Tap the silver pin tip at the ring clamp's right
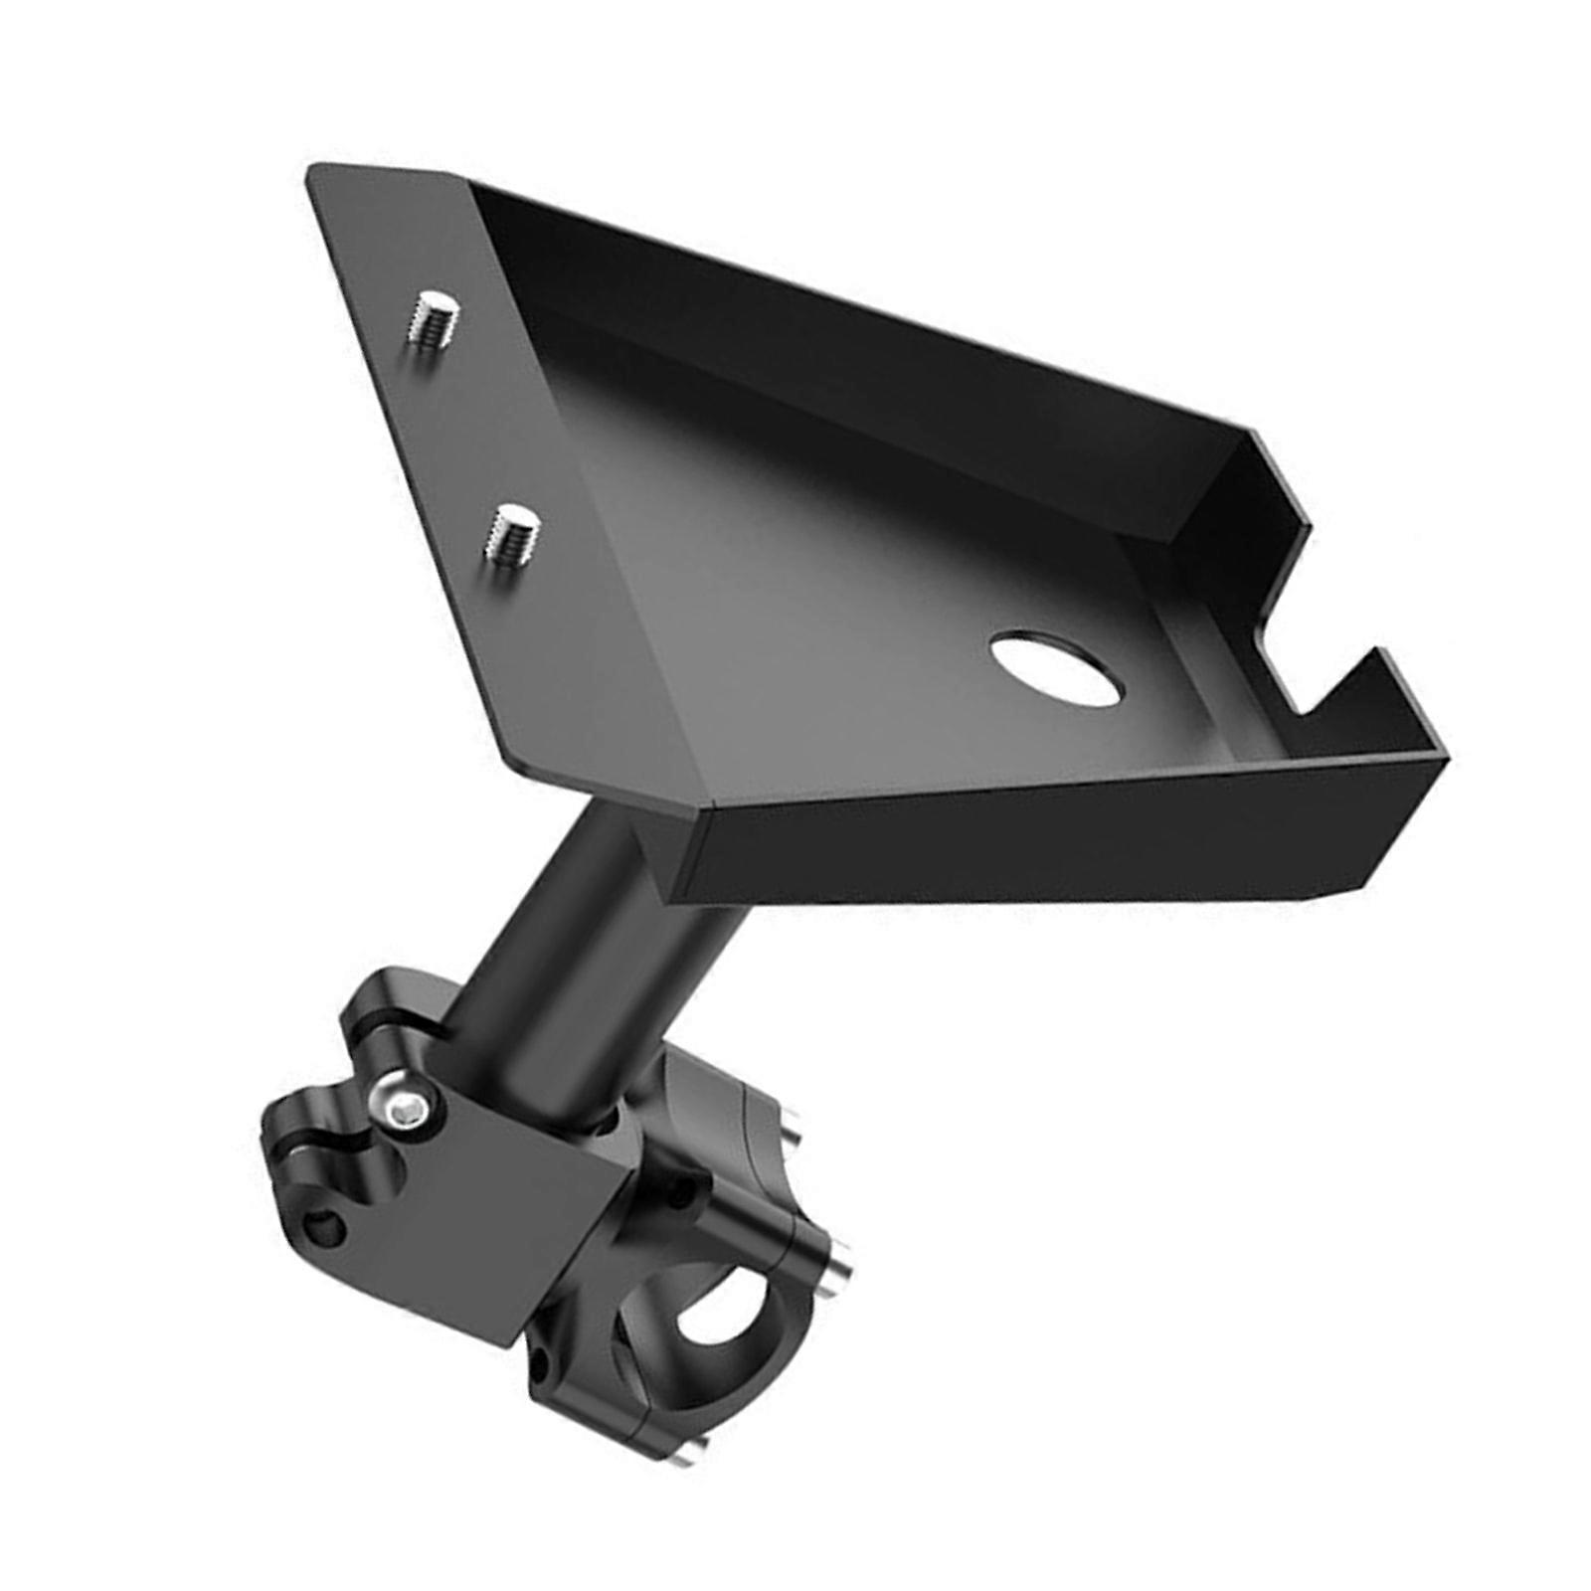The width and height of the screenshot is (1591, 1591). pyautogui.click(x=840, y=1263)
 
